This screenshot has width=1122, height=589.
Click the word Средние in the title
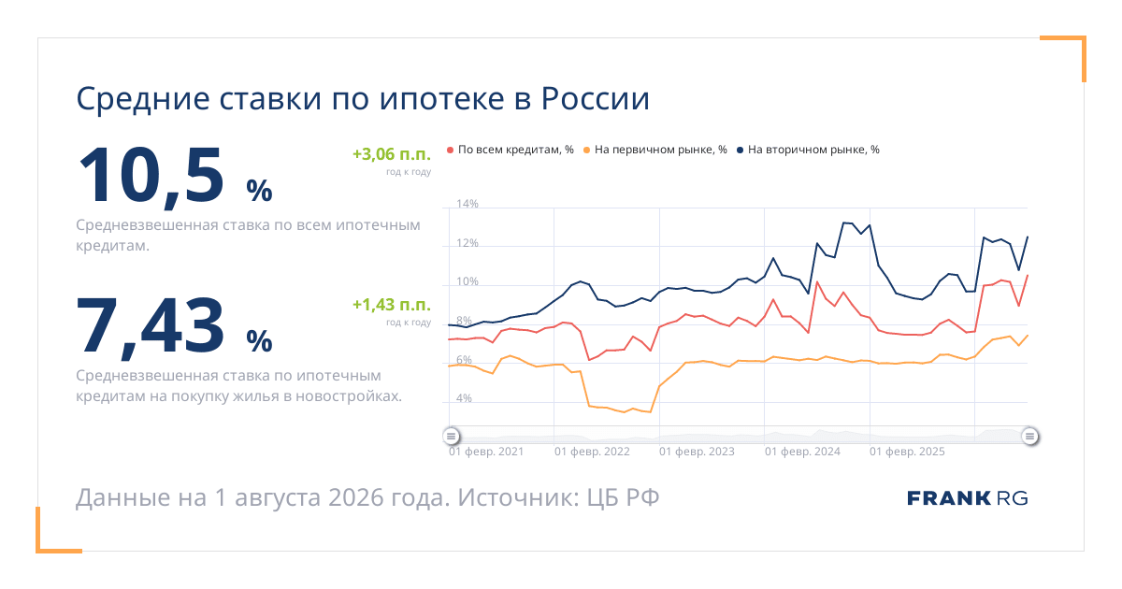tap(143, 99)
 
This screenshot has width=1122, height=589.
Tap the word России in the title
tap(596, 98)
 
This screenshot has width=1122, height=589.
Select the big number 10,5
tap(151, 176)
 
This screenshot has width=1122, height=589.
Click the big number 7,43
tap(150, 326)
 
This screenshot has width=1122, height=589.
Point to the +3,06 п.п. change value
tap(392, 153)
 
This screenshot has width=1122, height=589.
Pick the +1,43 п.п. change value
tap(392, 304)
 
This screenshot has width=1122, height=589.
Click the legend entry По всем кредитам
tap(510, 150)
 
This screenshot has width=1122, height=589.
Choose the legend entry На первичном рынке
tap(655, 150)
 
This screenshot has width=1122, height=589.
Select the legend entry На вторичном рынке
tap(808, 150)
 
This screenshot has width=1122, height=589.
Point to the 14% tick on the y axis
tap(467, 204)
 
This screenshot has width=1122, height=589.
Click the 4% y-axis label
tap(464, 398)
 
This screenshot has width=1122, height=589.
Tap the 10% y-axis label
tap(467, 281)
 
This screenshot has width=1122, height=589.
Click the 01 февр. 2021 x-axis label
tap(486, 452)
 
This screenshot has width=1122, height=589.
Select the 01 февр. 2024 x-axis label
tap(802, 452)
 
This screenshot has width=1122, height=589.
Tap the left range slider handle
tap(452, 437)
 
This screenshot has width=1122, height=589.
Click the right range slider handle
tap(1029, 437)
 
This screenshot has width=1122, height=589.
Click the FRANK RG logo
tap(967, 498)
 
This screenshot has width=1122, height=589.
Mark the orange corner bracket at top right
tap(1084, 38)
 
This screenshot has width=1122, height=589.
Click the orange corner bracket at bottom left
tap(38, 551)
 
